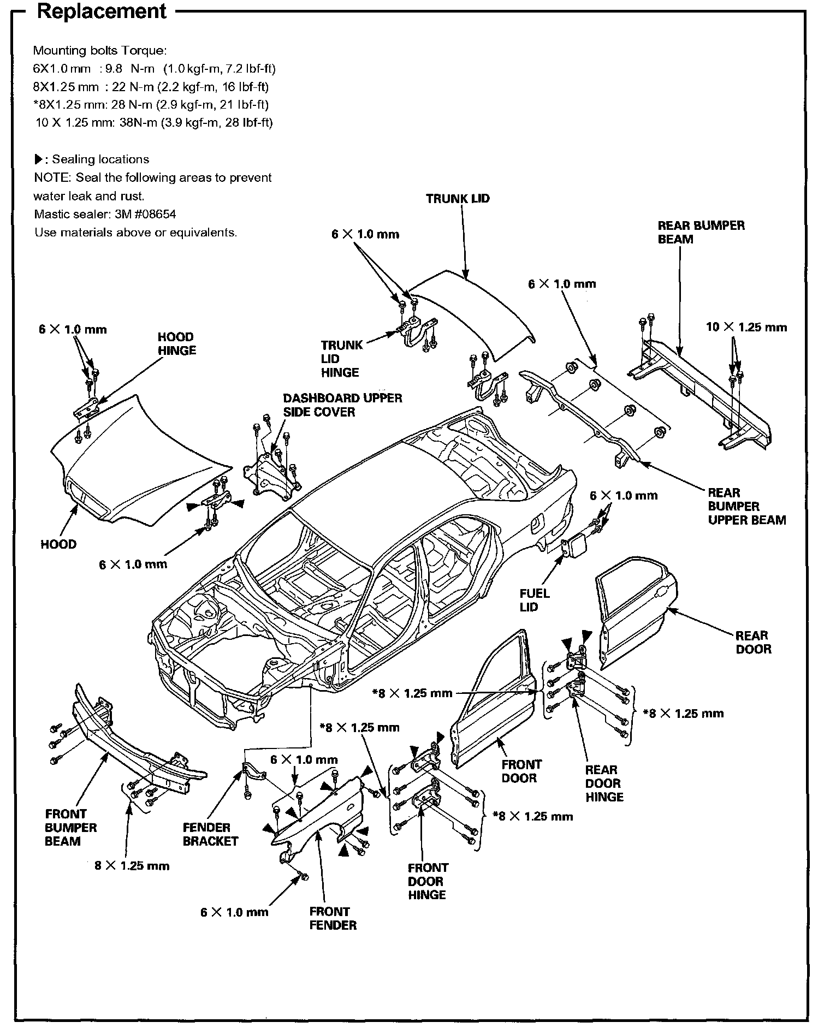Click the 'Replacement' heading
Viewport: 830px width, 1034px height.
click(x=102, y=11)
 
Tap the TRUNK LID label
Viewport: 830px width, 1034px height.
click(x=458, y=199)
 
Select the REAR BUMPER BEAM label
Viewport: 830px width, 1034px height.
click(x=701, y=233)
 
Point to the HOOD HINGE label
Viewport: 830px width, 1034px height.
click(x=176, y=344)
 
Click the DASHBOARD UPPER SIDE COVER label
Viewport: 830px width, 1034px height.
click(x=342, y=405)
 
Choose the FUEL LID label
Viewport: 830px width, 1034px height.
click(x=535, y=600)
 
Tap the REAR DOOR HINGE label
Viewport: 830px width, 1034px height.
click(x=604, y=783)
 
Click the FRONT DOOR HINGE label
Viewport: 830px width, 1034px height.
click(x=428, y=881)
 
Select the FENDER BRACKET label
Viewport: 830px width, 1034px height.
click(x=210, y=834)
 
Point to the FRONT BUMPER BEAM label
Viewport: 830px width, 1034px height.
click(x=70, y=828)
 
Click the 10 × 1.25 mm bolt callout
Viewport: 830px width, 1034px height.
click(x=746, y=328)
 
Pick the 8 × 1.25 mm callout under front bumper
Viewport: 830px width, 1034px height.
click(x=132, y=866)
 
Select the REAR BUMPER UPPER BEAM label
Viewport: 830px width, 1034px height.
click(x=746, y=506)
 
